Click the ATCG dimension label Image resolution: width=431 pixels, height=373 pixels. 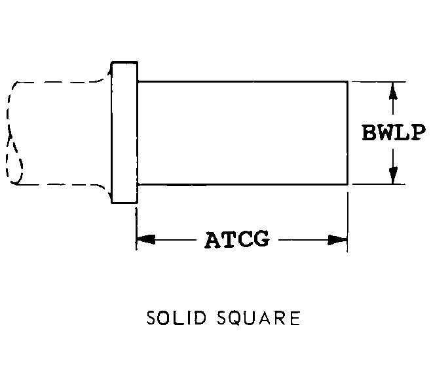237,239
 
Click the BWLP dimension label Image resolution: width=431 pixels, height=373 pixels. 394,132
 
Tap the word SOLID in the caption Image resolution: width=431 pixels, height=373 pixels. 176,318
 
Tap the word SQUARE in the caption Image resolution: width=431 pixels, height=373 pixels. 259,318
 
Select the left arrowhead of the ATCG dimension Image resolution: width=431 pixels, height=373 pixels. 146,239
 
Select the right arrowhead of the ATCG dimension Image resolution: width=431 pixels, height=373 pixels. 337,240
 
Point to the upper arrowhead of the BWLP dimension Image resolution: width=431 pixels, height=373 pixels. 394,90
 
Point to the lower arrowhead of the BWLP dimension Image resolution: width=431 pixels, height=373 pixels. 394,175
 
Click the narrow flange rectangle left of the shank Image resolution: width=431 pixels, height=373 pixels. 124,132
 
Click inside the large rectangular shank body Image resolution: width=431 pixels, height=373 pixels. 242,133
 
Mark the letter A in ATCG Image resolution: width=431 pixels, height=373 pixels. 213,239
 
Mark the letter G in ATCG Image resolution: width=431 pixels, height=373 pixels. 261,239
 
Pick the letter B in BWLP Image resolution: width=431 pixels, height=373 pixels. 369,132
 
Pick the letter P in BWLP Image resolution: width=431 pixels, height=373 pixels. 419,132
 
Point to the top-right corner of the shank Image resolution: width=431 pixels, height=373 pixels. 348,82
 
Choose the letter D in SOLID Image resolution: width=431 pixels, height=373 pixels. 200,318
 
